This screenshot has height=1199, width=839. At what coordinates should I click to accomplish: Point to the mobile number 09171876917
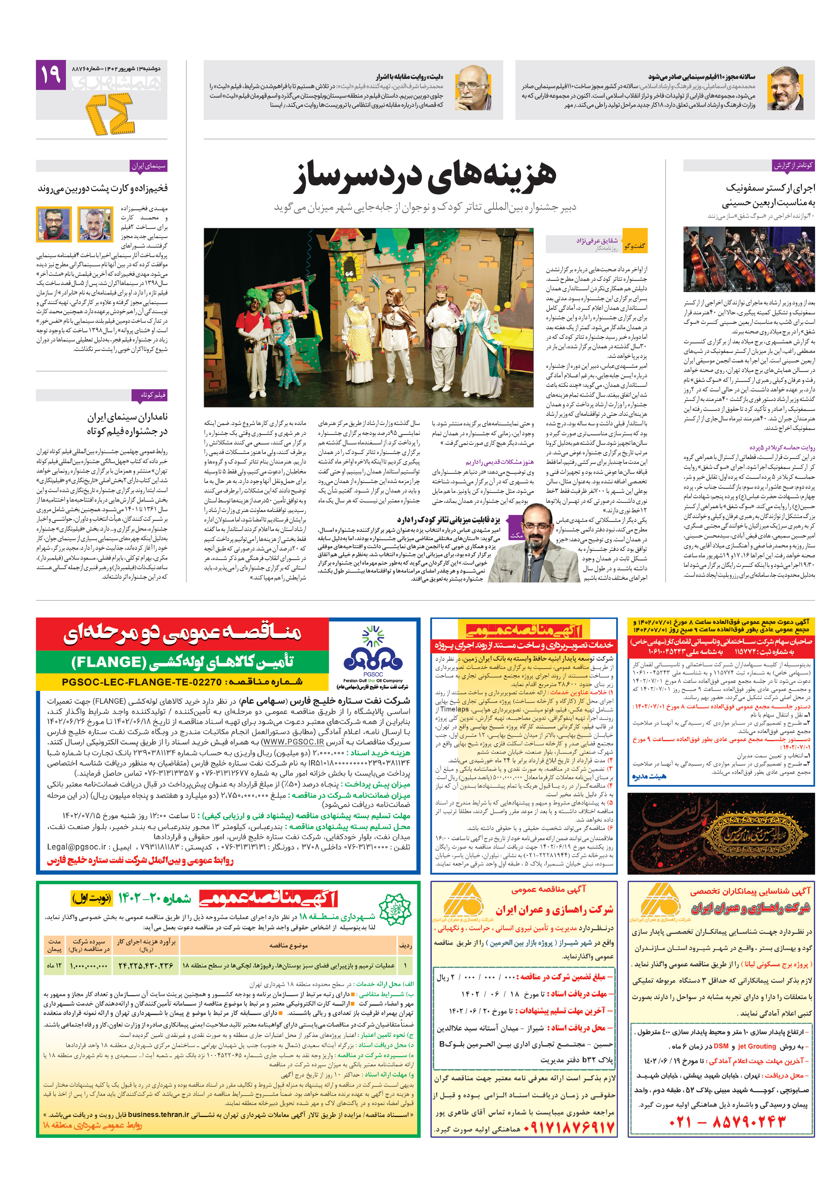pyautogui.click(x=569, y=1127)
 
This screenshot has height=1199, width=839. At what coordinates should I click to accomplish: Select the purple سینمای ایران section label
pyautogui.click(x=148, y=166)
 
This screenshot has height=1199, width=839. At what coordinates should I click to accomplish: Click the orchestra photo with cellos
pyautogui.click(x=748, y=259)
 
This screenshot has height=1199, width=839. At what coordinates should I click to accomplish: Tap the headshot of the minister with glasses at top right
pyautogui.click(x=785, y=88)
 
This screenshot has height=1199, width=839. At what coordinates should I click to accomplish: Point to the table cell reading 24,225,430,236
pyautogui.click(x=146, y=966)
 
